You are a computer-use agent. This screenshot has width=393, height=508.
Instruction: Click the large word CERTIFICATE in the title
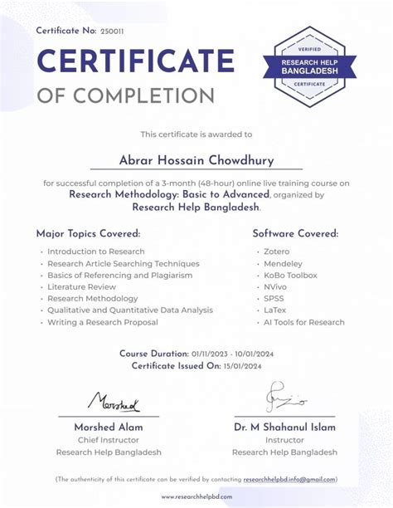click(135, 61)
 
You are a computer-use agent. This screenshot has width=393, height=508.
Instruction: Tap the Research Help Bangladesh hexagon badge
click(309, 66)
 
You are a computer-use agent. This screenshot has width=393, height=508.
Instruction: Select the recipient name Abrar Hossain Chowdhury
click(196, 160)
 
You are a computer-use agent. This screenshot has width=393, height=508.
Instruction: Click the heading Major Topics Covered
click(88, 233)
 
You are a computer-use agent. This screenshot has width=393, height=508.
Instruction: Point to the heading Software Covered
click(295, 233)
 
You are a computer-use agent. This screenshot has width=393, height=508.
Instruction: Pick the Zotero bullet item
click(277, 252)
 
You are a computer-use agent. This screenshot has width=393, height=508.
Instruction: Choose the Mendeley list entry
click(282, 263)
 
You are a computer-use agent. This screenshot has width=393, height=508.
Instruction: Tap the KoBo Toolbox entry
click(290, 275)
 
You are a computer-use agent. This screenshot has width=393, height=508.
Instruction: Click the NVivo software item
click(276, 286)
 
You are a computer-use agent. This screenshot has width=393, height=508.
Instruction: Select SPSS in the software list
click(274, 299)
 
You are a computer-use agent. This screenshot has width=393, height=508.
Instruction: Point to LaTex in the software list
click(275, 310)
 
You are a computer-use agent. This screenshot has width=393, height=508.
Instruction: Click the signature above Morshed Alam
click(114, 404)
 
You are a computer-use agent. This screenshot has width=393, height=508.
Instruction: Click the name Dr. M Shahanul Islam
click(284, 427)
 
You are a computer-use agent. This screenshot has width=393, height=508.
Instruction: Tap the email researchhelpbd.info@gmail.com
click(290, 479)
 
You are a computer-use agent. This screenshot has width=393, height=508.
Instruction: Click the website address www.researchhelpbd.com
click(196, 496)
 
